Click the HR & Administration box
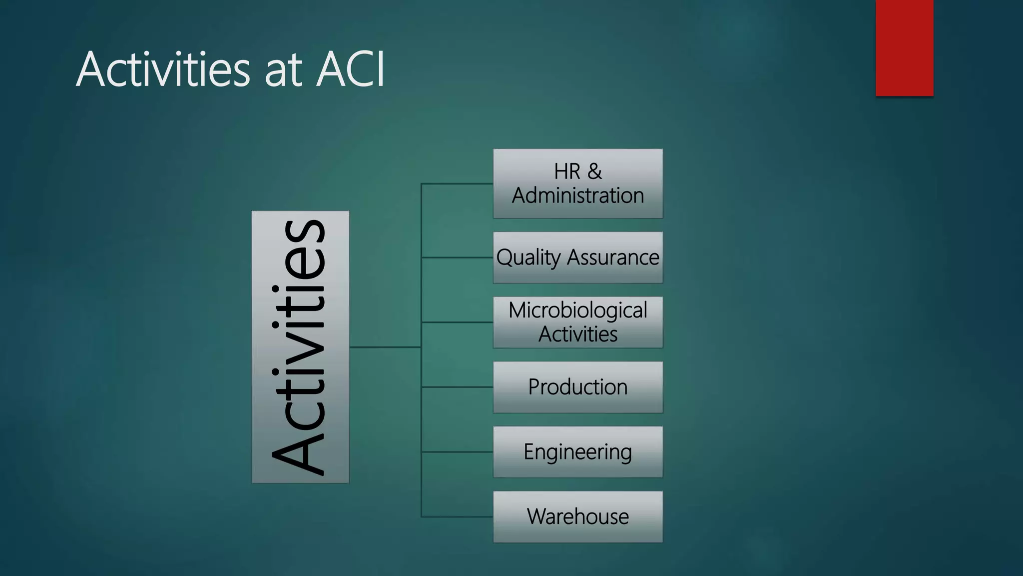pyautogui.click(x=578, y=183)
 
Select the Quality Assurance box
pyautogui.click(x=578, y=257)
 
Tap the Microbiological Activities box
pyautogui.click(x=578, y=322)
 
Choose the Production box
pyautogui.click(x=578, y=387)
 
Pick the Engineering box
pyautogui.click(x=578, y=452)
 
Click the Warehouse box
pyautogui.click(x=578, y=516)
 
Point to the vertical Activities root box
pyautogui.click(x=300, y=347)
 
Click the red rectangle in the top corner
pyautogui.click(x=904, y=48)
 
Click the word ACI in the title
pyautogui.click(x=351, y=69)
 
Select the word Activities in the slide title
pyautogui.click(x=163, y=69)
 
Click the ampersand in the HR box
pyautogui.click(x=594, y=171)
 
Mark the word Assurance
pyautogui.click(x=613, y=257)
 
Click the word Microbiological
pyautogui.click(x=578, y=310)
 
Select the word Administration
pyautogui.click(x=578, y=195)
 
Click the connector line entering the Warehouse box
pyautogui.click(x=457, y=516)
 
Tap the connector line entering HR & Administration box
pyautogui.click(x=457, y=184)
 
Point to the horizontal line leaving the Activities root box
pyautogui.click(x=385, y=347)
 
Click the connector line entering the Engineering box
pyautogui.click(x=457, y=452)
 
